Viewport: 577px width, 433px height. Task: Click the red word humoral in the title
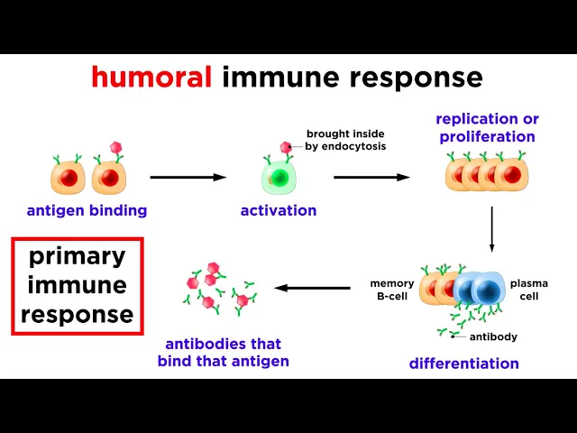[151, 77]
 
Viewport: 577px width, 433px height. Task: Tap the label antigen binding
[87, 211]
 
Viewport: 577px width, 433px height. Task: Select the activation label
[279, 211]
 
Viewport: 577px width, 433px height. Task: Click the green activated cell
[279, 177]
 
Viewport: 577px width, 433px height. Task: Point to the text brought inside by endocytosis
[346, 140]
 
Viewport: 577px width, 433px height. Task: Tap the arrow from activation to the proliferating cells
[372, 177]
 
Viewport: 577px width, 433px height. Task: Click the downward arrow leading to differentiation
[491, 229]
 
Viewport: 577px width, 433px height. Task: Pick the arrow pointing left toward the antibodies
[312, 289]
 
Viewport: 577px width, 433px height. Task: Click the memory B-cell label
[392, 290]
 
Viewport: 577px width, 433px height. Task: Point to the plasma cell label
[529, 290]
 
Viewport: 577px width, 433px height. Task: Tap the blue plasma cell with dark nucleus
[485, 291]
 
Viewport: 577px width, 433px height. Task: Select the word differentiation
[464, 364]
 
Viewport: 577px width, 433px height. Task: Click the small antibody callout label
[493, 337]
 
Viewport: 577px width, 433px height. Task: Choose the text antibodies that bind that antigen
[224, 353]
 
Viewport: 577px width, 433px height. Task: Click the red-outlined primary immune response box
[78, 286]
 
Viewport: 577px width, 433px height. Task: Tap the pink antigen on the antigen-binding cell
[114, 146]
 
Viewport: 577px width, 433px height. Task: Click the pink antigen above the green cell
[286, 147]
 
